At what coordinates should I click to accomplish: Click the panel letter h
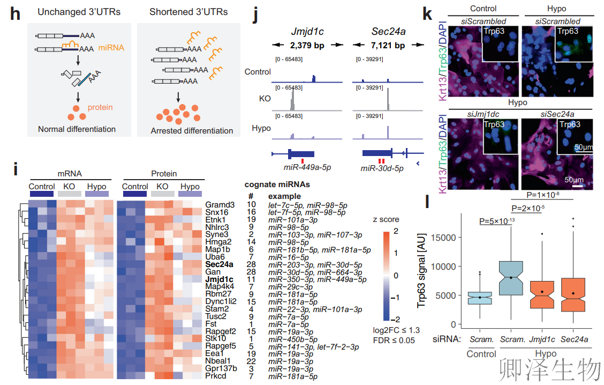click(x=15, y=14)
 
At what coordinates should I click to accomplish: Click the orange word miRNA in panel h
click(x=111, y=48)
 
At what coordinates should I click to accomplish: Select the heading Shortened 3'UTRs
click(x=188, y=12)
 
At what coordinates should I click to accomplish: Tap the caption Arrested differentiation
click(x=192, y=131)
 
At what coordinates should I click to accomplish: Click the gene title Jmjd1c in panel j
click(x=307, y=32)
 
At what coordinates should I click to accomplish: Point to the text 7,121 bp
click(x=388, y=46)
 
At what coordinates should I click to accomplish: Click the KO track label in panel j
click(x=265, y=99)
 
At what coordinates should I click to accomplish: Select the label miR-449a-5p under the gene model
click(x=307, y=167)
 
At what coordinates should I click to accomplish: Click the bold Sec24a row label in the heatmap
click(x=219, y=264)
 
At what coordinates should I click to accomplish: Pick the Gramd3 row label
click(x=220, y=205)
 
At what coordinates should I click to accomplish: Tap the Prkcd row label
click(x=216, y=375)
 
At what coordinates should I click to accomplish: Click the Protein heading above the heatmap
click(x=164, y=174)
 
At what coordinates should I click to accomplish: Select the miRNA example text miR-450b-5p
click(x=293, y=339)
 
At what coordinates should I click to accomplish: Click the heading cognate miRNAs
click(x=277, y=184)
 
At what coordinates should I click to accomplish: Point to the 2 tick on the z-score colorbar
click(x=396, y=231)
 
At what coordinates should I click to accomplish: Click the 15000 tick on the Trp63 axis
click(x=443, y=238)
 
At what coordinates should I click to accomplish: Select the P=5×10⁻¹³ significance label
click(x=497, y=221)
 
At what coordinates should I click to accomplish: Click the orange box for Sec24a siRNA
click(x=573, y=295)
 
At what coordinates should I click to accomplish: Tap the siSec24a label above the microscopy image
click(x=557, y=114)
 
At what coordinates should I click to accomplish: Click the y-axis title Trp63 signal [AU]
click(x=422, y=270)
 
